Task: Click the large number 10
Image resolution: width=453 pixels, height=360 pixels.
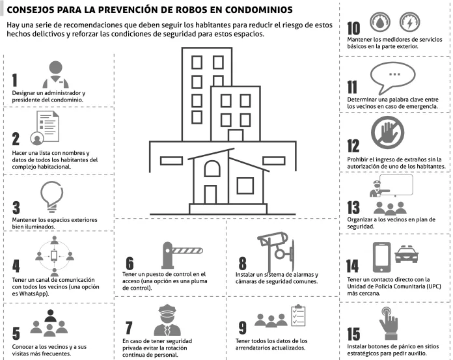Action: point(353,28)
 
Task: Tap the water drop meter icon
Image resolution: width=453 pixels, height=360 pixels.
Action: point(380,21)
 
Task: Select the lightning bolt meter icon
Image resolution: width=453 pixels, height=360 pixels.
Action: point(409,21)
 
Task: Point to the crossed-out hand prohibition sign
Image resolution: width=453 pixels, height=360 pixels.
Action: point(387,132)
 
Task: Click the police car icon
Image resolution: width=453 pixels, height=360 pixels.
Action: point(407,255)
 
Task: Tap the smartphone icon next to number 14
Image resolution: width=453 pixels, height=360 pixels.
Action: point(381,257)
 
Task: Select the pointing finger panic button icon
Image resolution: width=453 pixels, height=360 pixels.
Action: point(389,323)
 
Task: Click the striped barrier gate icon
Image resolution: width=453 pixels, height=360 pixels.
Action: point(182,255)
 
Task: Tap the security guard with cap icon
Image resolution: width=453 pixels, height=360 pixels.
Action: point(167,320)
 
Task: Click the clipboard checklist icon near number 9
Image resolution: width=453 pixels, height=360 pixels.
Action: point(298,315)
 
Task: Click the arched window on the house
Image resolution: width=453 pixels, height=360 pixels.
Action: point(212,169)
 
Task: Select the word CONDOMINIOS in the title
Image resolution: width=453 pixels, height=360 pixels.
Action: point(258,10)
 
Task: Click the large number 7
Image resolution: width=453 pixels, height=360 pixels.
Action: point(129,327)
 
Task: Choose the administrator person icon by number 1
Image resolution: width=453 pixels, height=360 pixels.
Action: point(55,74)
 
